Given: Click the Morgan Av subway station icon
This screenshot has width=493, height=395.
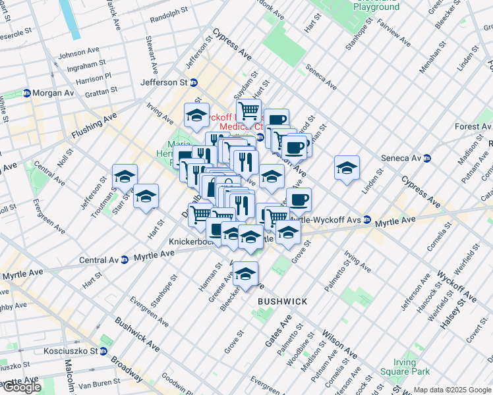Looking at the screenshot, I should point(27,93).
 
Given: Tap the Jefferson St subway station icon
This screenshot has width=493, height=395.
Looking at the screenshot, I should point(194,82).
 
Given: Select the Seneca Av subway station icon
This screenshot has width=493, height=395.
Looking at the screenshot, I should point(427,158).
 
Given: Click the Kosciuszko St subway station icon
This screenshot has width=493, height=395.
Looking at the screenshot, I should point(104,351).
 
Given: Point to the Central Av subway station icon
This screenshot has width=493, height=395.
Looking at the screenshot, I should point(124,260).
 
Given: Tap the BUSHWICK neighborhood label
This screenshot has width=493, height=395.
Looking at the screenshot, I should point(282,301).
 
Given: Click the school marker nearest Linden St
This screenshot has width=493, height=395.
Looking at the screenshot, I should point(347,168).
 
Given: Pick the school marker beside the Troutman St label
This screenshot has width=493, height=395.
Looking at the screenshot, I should point(125,176).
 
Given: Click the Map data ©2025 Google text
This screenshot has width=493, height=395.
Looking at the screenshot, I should point(452,390).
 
